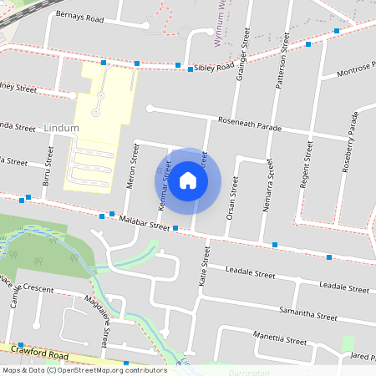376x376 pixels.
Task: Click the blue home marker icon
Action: pos(188,180)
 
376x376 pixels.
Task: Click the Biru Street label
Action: pos(48,166)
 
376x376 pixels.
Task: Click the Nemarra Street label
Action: pos(268,188)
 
